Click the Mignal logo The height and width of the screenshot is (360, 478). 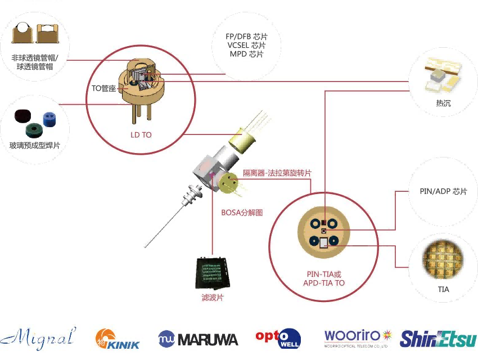tap(38, 339)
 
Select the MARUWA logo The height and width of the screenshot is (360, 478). tap(198, 339)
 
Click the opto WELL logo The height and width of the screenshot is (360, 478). tap(278, 338)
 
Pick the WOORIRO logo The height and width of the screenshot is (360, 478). tap(357, 338)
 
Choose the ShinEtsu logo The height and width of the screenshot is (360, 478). tap(438, 339)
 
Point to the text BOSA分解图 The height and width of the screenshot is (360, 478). tap(242, 212)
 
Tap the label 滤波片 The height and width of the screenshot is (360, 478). tap(212, 297)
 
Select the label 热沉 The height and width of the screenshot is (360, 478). tap(443, 103)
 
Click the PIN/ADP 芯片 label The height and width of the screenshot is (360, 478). tap(444, 191)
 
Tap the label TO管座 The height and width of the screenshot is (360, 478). tap(103, 88)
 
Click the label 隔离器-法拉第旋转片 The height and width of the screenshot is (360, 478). tap(277, 173)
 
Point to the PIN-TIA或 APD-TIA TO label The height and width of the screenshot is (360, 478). tap(323, 278)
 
